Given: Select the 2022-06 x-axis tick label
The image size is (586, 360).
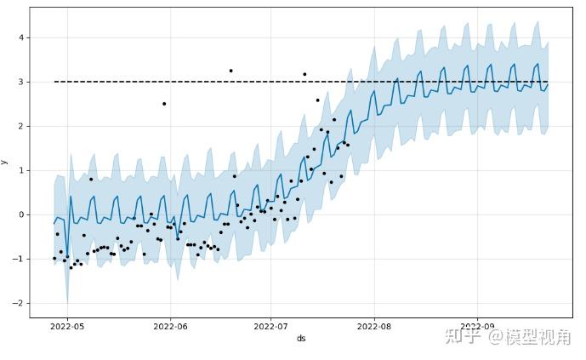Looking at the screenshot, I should point(170,325).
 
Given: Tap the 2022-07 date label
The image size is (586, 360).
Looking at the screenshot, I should point(270,325).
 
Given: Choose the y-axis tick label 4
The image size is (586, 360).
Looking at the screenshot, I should point(21,37).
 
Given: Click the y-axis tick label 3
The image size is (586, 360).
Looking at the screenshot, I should point(21,82).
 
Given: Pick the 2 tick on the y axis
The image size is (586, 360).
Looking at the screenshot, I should point(21,126).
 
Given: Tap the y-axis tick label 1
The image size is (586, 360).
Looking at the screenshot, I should point(21,170).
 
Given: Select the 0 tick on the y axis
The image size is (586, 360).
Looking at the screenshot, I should point(21,214).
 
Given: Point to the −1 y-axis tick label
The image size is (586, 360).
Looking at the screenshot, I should point(19,259).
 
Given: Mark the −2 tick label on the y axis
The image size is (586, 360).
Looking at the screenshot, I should point(19,303).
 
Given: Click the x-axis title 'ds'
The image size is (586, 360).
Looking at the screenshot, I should point(301,338).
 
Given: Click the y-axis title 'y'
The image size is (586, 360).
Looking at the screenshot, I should point(5,162).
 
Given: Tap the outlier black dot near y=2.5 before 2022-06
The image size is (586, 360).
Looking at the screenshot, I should point(164,104).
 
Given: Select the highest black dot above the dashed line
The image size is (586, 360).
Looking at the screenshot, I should point(230,71).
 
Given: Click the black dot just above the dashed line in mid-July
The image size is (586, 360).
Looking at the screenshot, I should point(304,74).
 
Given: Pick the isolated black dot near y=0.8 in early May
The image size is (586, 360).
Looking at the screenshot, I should point(91,179).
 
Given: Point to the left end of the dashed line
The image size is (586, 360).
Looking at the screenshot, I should point(54,82).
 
